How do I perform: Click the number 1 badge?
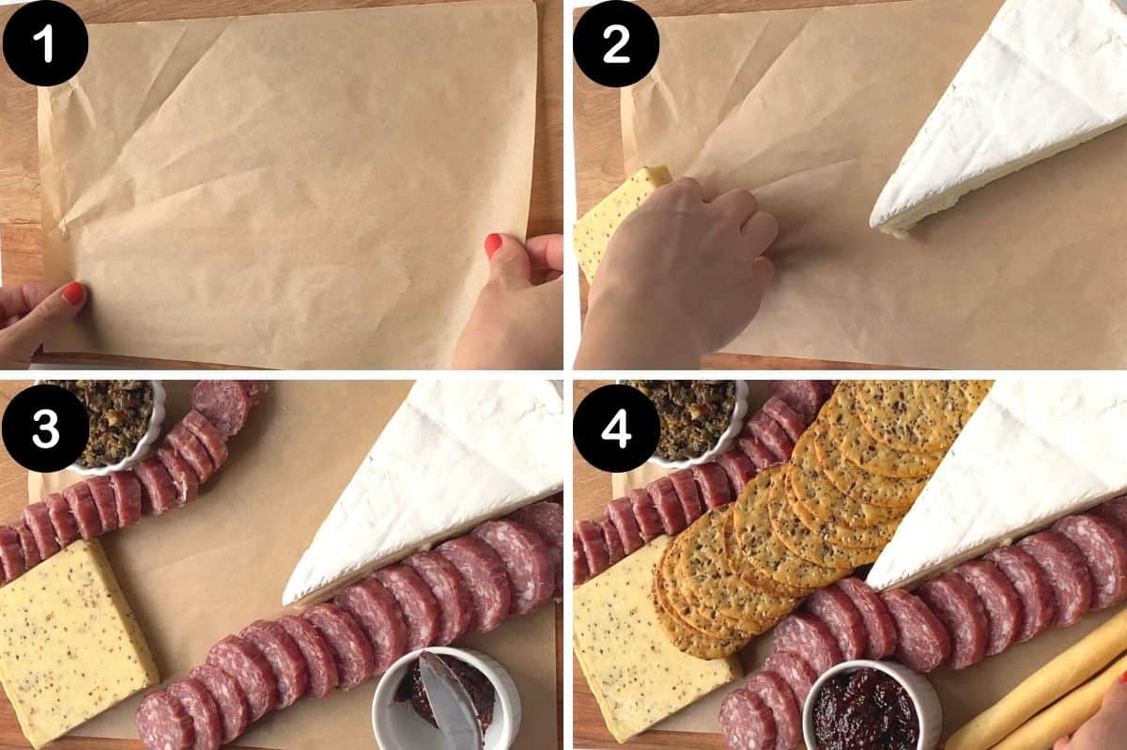pos(45,44)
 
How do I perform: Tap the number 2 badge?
pos(616,44)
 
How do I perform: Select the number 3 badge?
pos(45,429)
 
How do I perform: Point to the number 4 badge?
pos(616,429)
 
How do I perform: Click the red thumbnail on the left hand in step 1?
pos(74,293)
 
